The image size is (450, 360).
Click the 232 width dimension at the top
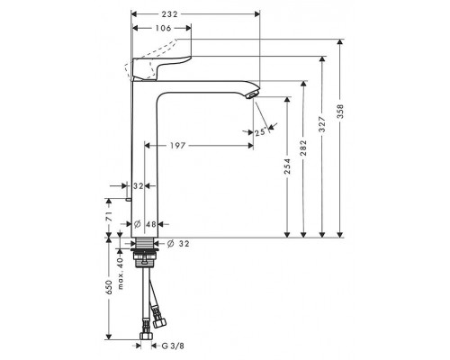coord(169,14)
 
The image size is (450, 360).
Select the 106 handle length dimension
coord(163,28)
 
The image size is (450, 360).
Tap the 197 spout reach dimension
coord(178,146)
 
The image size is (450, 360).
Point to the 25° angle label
coord(261,132)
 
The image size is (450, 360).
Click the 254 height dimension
coord(287,166)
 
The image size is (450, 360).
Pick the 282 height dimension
coord(303,148)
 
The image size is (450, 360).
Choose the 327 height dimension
coord(322,124)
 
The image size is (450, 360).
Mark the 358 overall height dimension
coord(340,112)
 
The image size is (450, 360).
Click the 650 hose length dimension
coord(109,287)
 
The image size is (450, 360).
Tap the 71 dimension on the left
coord(109,216)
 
